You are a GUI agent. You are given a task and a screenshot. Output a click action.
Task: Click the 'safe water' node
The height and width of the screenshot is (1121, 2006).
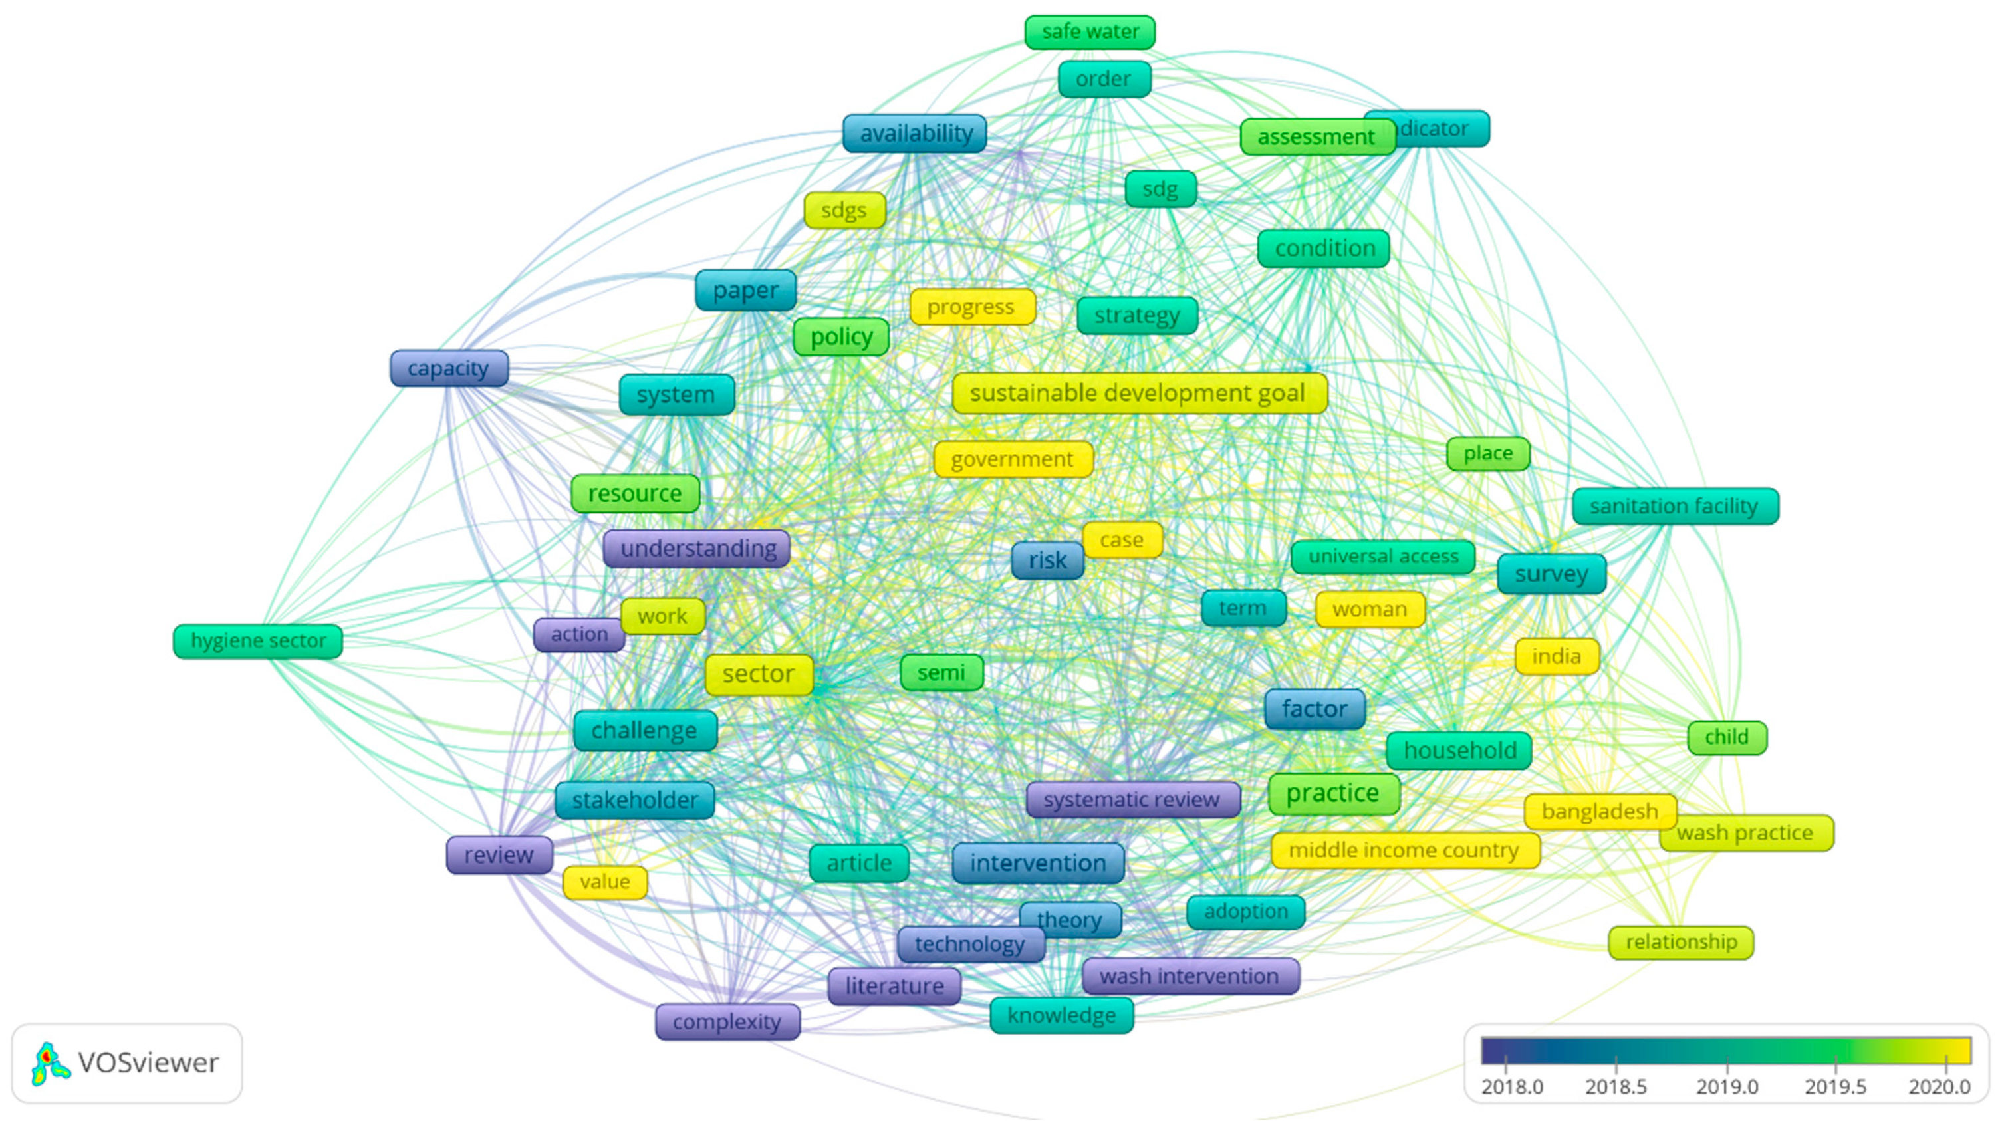coord(1090,32)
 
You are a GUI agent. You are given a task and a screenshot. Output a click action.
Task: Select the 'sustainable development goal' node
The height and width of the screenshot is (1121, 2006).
coord(1138,393)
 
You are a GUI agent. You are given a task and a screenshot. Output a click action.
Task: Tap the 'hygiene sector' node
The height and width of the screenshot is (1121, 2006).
coord(258,642)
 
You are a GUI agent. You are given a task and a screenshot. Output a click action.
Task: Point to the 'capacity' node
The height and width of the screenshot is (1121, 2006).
coord(449,368)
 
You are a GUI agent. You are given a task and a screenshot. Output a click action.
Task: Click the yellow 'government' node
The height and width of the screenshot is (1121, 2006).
coord(1013,460)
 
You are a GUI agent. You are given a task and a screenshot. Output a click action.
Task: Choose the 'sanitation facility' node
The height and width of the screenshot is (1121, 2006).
coord(1674,507)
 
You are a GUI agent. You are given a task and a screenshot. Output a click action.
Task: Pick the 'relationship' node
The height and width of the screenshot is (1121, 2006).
coord(1680,943)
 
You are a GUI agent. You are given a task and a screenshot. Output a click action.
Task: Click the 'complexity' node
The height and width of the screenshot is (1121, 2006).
coord(727,1022)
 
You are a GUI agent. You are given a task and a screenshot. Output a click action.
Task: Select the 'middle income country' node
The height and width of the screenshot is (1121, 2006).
coord(1404,851)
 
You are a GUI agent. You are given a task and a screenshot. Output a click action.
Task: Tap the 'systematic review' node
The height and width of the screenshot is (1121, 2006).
coord(1132,799)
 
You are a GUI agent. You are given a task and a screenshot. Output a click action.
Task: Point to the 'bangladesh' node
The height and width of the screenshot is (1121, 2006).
coord(1600,812)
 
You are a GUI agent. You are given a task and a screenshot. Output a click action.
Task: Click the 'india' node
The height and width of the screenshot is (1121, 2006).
coord(1557,657)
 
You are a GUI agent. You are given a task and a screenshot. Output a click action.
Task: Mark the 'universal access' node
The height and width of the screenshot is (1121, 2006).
coord(1383,557)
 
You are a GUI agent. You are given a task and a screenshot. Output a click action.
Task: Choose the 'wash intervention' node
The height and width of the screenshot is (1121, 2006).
coord(1190,976)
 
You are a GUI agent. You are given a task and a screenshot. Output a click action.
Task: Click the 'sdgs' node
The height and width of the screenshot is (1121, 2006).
coord(844,211)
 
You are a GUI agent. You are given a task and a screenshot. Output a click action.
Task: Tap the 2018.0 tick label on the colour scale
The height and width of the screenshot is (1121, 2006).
coord(1511,1086)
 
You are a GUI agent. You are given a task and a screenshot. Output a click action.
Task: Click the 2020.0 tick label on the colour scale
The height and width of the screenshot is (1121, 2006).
coord(1939,1086)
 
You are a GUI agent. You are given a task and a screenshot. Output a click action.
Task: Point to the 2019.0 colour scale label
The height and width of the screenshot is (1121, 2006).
coord(1727,1086)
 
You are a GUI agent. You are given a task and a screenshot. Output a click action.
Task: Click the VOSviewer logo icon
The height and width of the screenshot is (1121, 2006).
coord(51,1063)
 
